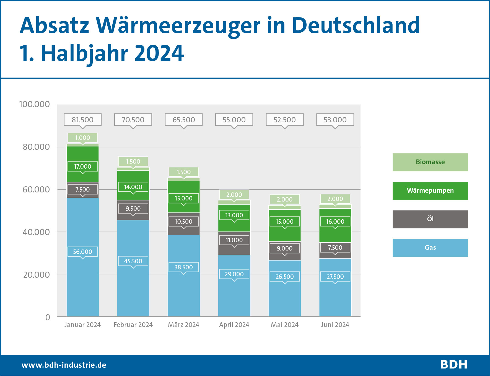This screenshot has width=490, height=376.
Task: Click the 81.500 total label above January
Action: [x=82, y=120]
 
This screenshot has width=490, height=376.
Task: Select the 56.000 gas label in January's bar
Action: [x=82, y=252]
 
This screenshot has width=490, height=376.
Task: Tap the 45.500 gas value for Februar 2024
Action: [x=133, y=261]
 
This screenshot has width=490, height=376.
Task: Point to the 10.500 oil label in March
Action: [x=183, y=222]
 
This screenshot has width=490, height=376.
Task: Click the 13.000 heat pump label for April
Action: [x=234, y=215]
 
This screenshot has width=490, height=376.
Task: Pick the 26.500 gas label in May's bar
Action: [x=285, y=277]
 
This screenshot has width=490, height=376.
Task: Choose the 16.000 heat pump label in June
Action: [x=335, y=222]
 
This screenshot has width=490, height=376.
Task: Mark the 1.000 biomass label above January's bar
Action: [x=82, y=138]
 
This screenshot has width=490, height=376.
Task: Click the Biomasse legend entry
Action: [x=430, y=162]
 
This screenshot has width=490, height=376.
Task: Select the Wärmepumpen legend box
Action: [x=430, y=191]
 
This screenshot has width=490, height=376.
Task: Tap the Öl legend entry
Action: [x=430, y=219]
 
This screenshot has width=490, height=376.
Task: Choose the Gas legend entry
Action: [x=430, y=248]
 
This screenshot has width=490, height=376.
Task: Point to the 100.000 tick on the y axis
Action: [x=34, y=104]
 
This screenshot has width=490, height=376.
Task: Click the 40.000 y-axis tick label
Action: [x=36, y=232]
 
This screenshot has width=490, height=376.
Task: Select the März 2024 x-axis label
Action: [x=183, y=325]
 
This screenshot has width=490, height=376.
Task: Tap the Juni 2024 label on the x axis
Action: [x=335, y=325]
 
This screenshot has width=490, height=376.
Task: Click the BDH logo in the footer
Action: [x=454, y=365]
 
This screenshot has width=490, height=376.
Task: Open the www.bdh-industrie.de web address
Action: [x=64, y=365]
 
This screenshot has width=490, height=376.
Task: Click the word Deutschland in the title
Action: [x=356, y=25]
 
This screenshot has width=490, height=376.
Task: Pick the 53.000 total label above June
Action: [x=335, y=120]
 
